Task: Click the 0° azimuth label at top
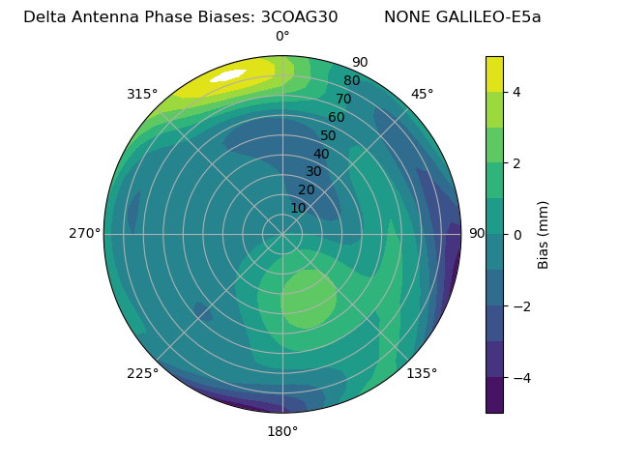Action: pyautogui.click(x=282, y=37)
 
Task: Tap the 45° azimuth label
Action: pyautogui.click(x=422, y=94)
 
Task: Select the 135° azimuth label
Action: pyautogui.click(x=422, y=373)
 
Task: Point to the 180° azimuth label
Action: pyautogui.click(x=282, y=431)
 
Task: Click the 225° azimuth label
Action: pyautogui.click(x=142, y=373)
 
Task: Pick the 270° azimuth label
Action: pyautogui.click(x=84, y=233)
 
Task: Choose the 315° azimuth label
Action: pyautogui.click(x=142, y=94)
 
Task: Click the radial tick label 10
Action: pyautogui.click(x=298, y=208)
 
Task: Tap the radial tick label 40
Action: pyautogui.click(x=321, y=154)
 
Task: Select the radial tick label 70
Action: pyautogui.click(x=344, y=99)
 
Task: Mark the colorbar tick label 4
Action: pyautogui.click(x=516, y=92)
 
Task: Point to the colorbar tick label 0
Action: pyautogui.click(x=516, y=235)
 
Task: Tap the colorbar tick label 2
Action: pyautogui.click(x=516, y=163)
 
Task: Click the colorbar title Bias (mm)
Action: pyautogui.click(x=544, y=235)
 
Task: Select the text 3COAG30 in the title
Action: pyautogui.click(x=299, y=16)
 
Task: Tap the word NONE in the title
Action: pyautogui.click(x=406, y=16)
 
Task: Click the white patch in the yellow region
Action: pyautogui.click(x=228, y=75)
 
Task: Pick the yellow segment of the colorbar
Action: pyautogui.click(x=494, y=73)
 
